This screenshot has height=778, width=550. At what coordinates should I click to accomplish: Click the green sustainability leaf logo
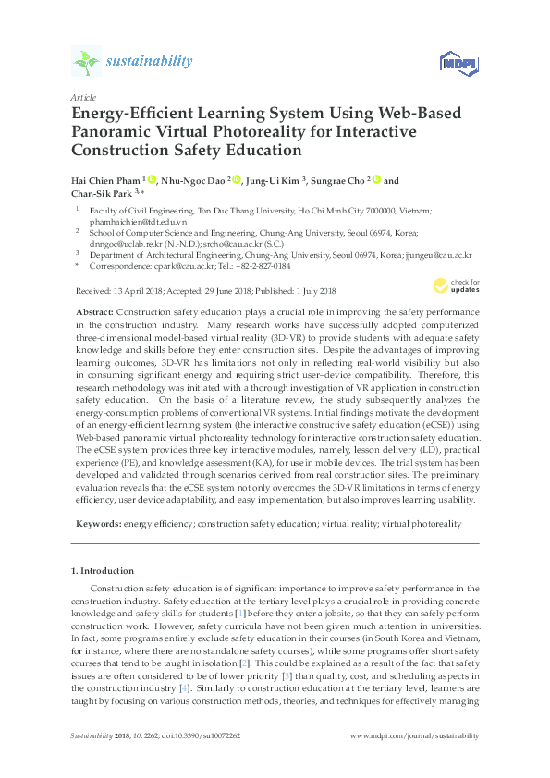pyautogui.click(x=87, y=62)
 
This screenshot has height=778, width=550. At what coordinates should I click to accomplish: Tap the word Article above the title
pyautogui.click(x=82, y=96)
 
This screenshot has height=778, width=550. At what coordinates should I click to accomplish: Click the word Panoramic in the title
pyautogui.click(x=111, y=130)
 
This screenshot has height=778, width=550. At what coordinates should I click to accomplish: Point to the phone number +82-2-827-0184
pyautogui.click(x=263, y=266)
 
